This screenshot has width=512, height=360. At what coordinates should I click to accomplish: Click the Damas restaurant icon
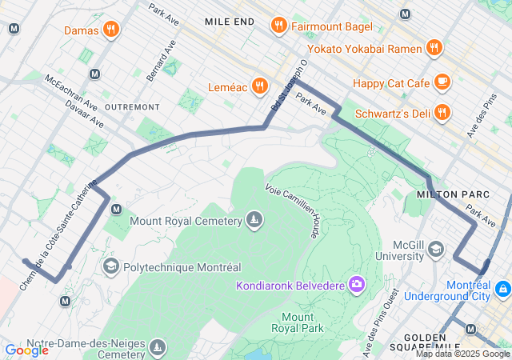point(111,30)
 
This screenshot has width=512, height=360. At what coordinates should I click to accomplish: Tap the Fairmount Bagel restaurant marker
point(278,26)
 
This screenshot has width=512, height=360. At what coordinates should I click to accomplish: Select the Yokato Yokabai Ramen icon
point(434,46)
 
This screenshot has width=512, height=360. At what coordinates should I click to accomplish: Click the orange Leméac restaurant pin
point(259,86)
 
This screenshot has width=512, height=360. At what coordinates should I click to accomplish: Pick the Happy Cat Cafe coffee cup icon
point(442,82)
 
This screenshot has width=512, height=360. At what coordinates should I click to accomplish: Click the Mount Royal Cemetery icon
point(254,220)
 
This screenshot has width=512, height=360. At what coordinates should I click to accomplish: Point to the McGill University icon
point(435,250)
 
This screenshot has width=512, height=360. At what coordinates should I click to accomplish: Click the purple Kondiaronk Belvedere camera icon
point(356,284)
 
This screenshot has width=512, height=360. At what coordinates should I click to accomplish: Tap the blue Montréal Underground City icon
point(502,288)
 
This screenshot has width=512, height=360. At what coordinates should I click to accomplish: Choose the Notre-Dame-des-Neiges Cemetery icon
point(158,347)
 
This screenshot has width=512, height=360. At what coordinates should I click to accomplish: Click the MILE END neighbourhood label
point(230,21)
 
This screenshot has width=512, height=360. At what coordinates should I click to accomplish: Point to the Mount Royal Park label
point(297,322)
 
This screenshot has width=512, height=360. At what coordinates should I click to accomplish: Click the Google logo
point(26,350)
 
